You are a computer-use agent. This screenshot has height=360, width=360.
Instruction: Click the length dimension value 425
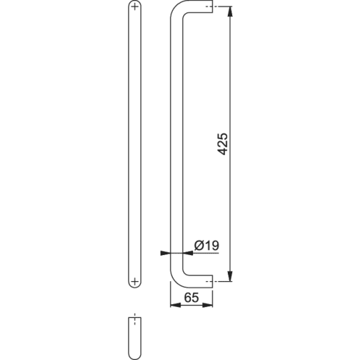[x=223, y=144]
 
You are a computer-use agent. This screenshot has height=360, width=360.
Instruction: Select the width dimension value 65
[x=191, y=297]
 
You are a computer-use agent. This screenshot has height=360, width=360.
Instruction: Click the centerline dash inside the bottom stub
[x=135, y=324]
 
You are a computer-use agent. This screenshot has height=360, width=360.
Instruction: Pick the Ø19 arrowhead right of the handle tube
[x=188, y=252]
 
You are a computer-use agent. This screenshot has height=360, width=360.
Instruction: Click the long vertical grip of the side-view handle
[x=177, y=140]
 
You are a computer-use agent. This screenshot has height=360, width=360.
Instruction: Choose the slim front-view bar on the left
[x=135, y=140]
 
